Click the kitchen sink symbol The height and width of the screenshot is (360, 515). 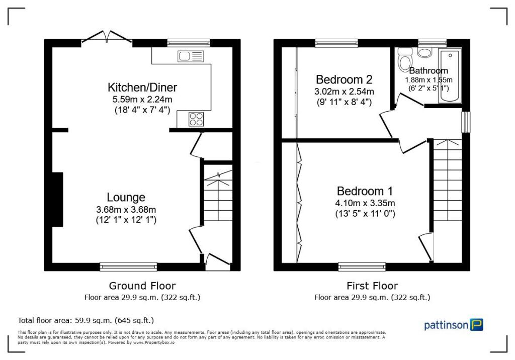click(x=190, y=56)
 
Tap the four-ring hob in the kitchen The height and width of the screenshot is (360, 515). click(x=197, y=119)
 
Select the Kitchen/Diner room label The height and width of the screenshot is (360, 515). click(x=142, y=87)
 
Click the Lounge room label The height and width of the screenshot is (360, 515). click(x=126, y=197)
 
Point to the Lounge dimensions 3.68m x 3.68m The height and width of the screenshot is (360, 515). click(x=126, y=210)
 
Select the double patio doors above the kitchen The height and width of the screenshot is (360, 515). click(x=107, y=38)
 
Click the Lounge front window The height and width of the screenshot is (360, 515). click(x=128, y=266)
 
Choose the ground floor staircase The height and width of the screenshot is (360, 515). click(x=218, y=196)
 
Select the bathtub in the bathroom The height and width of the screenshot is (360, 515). click(x=450, y=75)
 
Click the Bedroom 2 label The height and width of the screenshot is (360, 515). click(x=344, y=79)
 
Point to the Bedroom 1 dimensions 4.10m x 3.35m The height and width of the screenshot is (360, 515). click(x=366, y=203)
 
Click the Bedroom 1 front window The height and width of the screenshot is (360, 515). click(x=362, y=266)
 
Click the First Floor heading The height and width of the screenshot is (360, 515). click(x=372, y=286)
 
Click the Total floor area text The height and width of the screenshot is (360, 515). click(x=85, y=320)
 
